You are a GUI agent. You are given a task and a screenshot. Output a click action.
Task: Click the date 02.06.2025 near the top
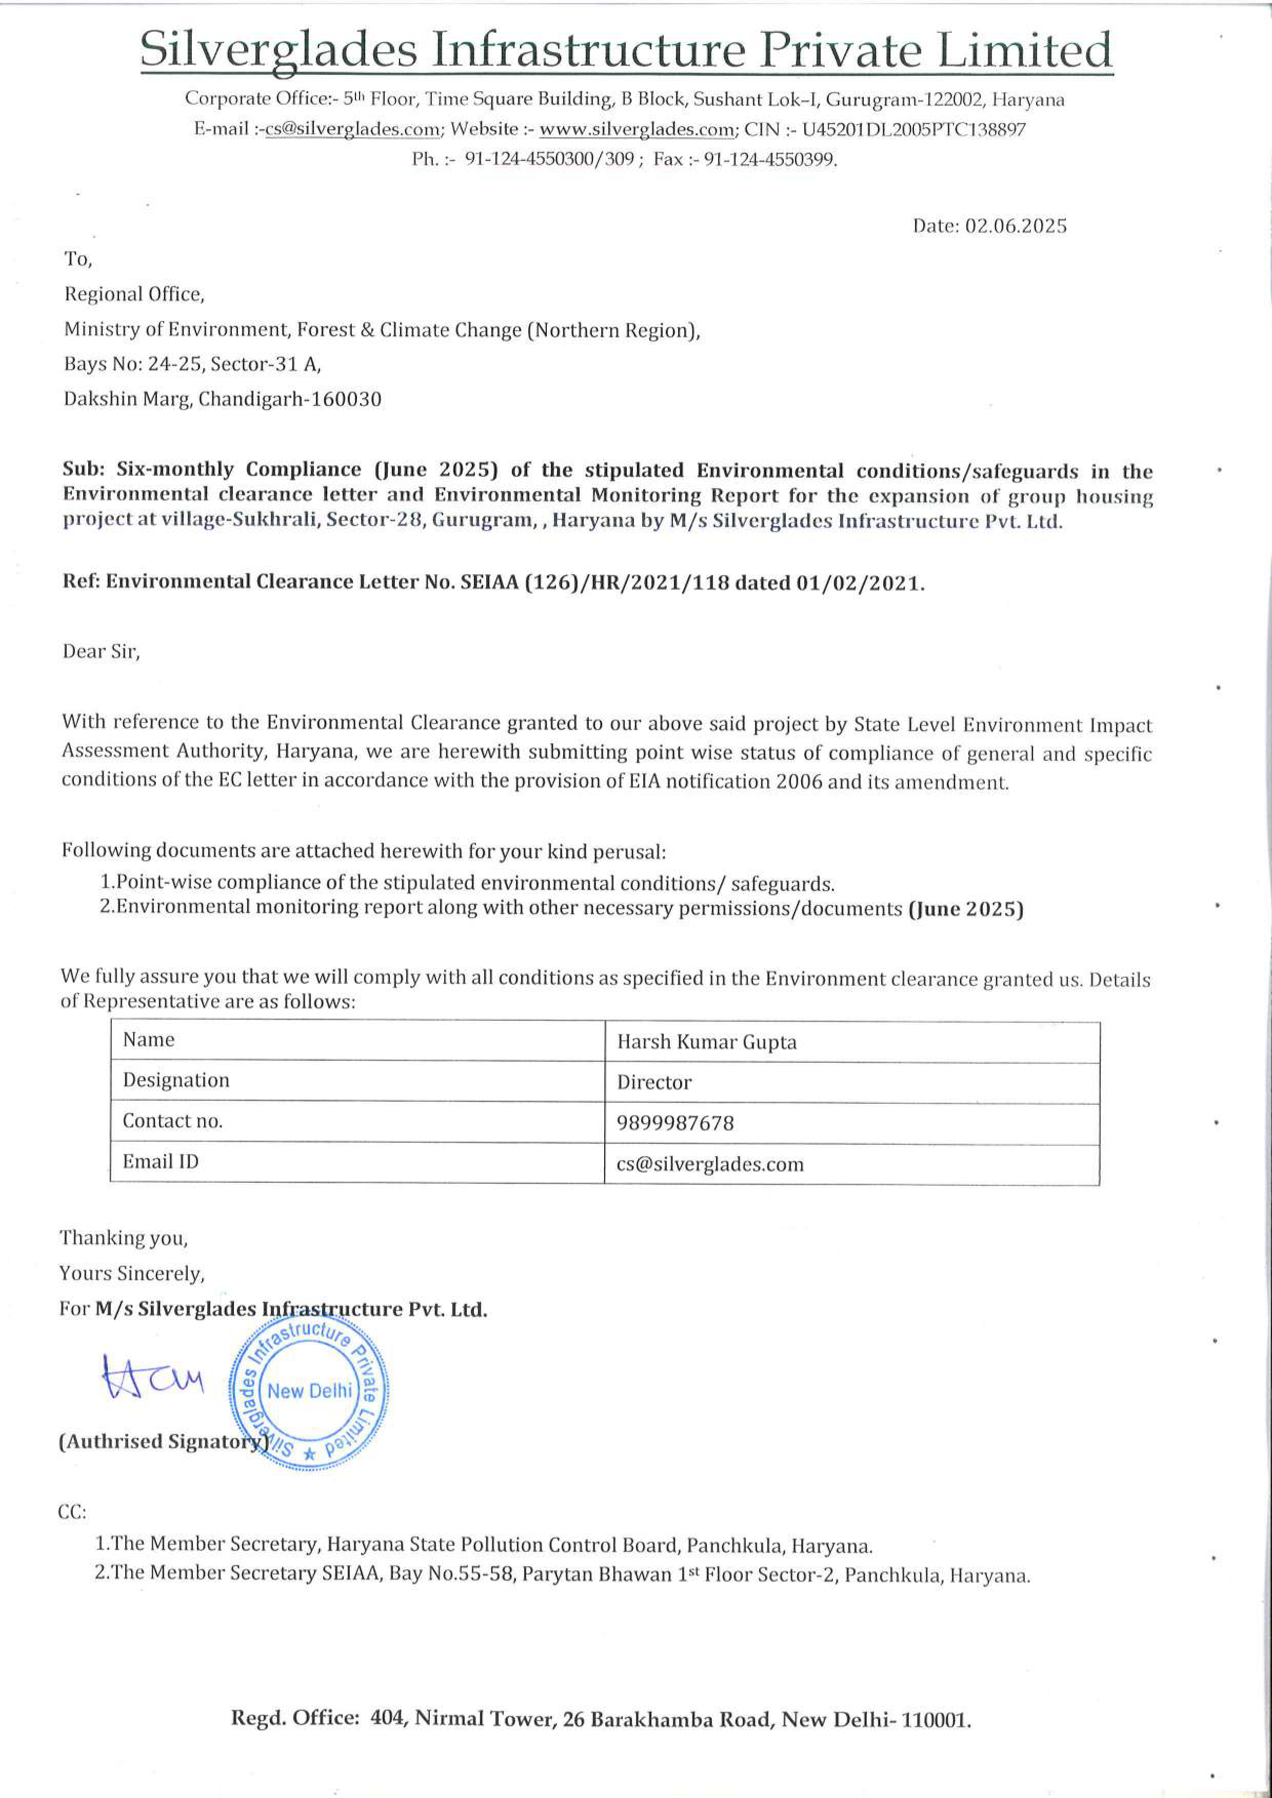(1015, 226)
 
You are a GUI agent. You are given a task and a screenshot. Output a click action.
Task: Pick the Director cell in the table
(654, 1083)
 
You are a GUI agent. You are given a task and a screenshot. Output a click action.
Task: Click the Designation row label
(176, 1081)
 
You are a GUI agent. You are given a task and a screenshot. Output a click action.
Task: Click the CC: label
(72, 1512)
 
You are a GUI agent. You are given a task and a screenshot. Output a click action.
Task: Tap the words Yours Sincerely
(132, 1274)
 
